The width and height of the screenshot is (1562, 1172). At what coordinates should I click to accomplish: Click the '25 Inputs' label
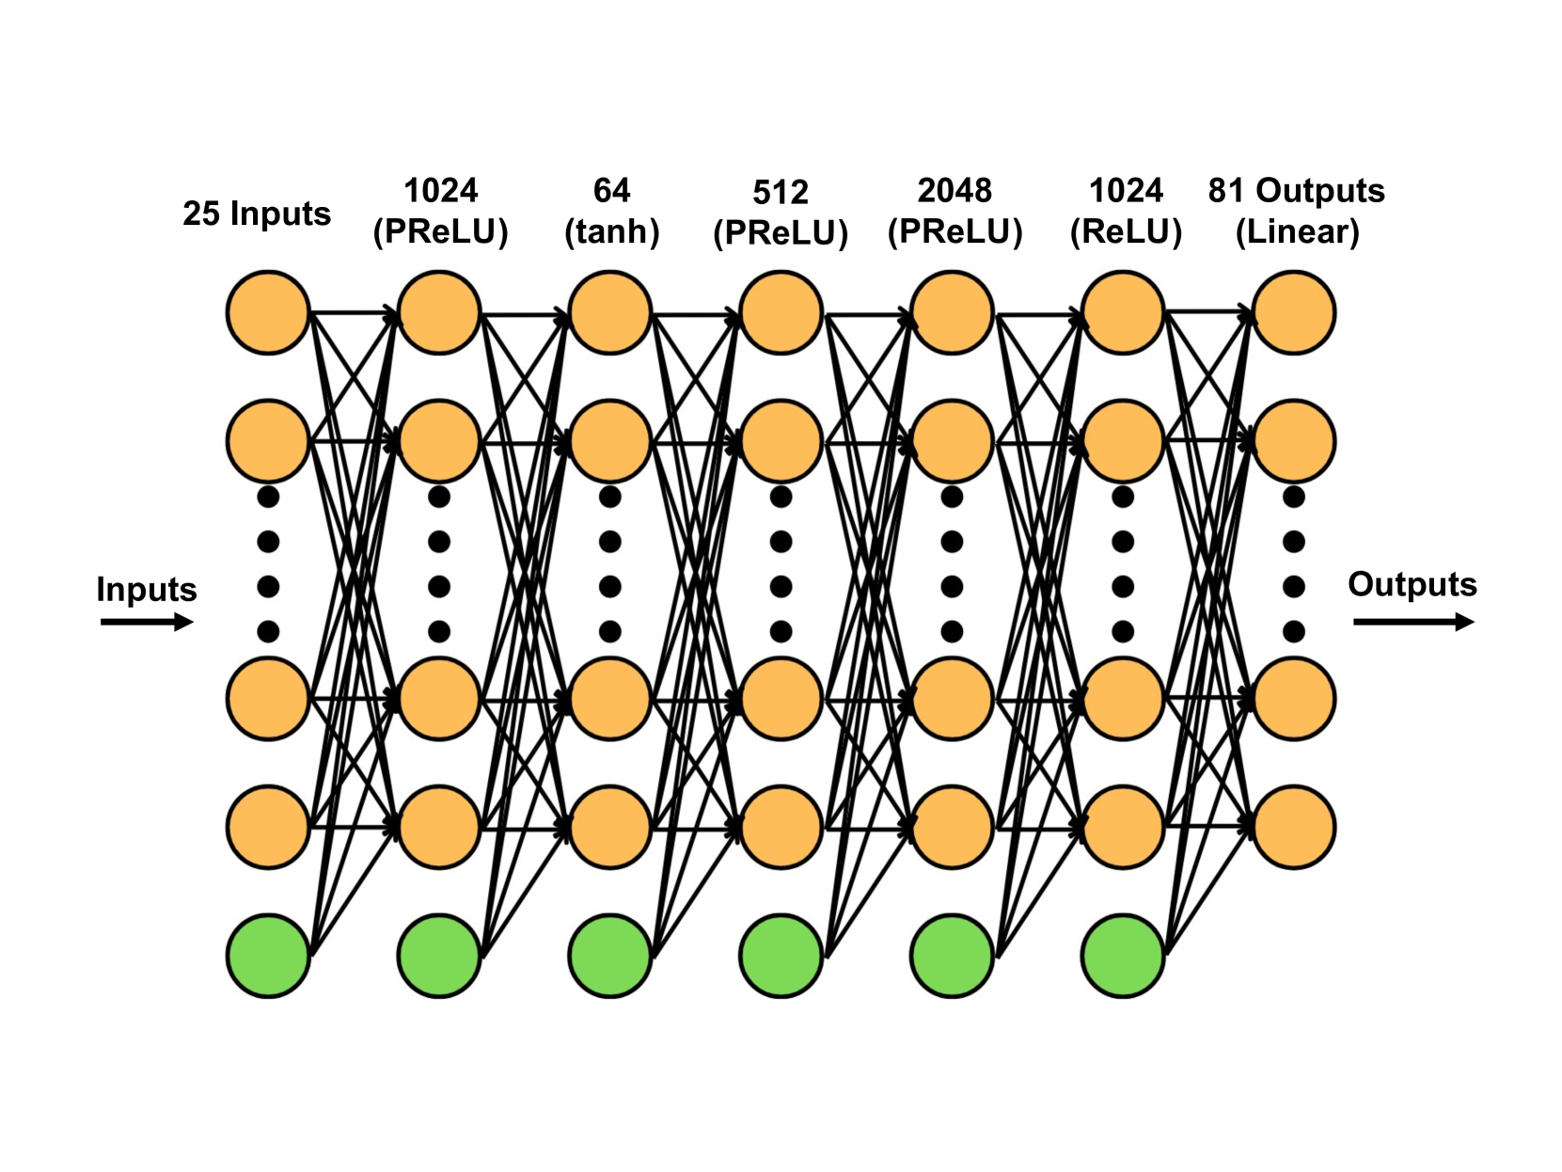coord(256,214)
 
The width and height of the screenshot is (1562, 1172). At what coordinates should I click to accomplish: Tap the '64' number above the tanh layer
coord(611,191)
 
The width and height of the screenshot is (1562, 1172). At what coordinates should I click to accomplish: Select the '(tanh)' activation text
coord(611,231)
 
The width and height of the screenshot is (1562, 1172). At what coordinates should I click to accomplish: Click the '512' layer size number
coord(781,193)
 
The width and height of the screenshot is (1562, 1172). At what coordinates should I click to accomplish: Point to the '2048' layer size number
coord(955,191)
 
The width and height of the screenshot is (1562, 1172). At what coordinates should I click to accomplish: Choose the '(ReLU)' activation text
coord(1126,231)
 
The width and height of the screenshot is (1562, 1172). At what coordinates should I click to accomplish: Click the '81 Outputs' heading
coord(1296,191)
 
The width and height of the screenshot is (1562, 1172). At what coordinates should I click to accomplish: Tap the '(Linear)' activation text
coord(1297,231)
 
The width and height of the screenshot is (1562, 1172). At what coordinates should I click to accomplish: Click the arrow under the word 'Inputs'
coord(147,622)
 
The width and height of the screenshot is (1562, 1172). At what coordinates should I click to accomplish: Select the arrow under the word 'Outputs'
coord(1412,622)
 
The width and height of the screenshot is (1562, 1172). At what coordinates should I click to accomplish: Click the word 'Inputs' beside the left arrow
coord(147,590)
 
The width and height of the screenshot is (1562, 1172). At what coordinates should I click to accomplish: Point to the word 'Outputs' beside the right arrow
coord(1412,584)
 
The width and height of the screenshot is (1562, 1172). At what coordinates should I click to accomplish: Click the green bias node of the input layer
coord(268,956)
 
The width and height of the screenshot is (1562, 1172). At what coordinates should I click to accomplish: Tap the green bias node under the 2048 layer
coord(952,956)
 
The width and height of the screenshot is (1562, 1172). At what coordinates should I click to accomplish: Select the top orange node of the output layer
coord(1294,312)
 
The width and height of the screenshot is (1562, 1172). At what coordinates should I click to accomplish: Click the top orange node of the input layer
coord(268,312)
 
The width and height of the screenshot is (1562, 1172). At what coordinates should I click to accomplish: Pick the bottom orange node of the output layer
coord(1294,827)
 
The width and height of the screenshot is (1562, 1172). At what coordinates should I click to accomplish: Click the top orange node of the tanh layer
coord(610,312)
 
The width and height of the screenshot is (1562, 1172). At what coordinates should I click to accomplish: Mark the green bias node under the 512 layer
coord(781,956)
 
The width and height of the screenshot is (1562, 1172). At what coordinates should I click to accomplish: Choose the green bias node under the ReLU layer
coord(1123,956)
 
